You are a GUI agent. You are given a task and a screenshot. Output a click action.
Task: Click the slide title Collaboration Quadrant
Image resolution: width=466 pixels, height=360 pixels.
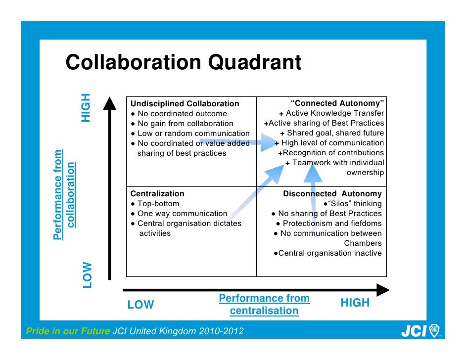184,63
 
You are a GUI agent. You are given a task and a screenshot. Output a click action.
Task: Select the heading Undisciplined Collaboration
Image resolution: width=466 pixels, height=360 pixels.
185,104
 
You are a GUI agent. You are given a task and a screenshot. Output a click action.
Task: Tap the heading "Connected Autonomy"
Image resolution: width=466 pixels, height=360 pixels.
337,103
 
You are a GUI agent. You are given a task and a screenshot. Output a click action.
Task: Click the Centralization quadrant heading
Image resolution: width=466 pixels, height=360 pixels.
157,194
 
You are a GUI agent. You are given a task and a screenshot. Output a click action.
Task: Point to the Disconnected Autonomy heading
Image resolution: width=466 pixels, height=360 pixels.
332,194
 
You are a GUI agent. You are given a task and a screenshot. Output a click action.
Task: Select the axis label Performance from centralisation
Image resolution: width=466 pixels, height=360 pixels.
264,305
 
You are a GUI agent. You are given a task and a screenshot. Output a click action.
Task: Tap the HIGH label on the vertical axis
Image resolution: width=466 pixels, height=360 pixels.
86,107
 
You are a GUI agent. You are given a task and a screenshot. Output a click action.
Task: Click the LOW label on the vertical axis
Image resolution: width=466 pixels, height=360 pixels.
87,275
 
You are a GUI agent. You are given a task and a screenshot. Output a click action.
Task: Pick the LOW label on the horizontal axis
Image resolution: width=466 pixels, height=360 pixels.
140,305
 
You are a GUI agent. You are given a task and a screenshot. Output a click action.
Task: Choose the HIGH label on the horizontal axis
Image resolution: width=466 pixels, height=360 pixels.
355,303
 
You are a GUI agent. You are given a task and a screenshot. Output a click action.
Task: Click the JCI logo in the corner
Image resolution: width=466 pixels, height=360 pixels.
419,331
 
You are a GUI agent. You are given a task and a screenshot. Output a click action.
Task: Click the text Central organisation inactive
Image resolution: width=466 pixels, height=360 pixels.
327,253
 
